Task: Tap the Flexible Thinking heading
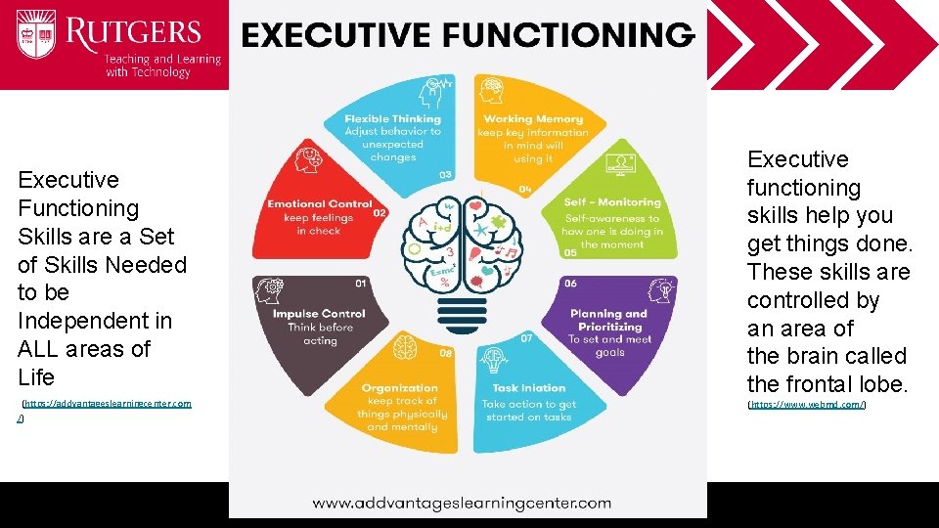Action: point(392,119)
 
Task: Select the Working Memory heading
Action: point(533,119)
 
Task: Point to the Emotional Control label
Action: point(320,204)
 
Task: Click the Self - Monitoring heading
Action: point(612,202)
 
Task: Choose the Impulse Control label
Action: point(319,314)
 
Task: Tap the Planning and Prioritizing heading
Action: point(608,320)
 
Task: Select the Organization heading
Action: point(400,388)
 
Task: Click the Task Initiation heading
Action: point(528,388)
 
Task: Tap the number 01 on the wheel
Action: point(360,284)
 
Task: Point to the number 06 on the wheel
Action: point(569,284)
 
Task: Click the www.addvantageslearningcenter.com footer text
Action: point(462,504)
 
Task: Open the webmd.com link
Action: point(807,404)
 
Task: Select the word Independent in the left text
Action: point(94,321)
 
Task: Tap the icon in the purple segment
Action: point(662,290)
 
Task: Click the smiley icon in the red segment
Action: point(309,156)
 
